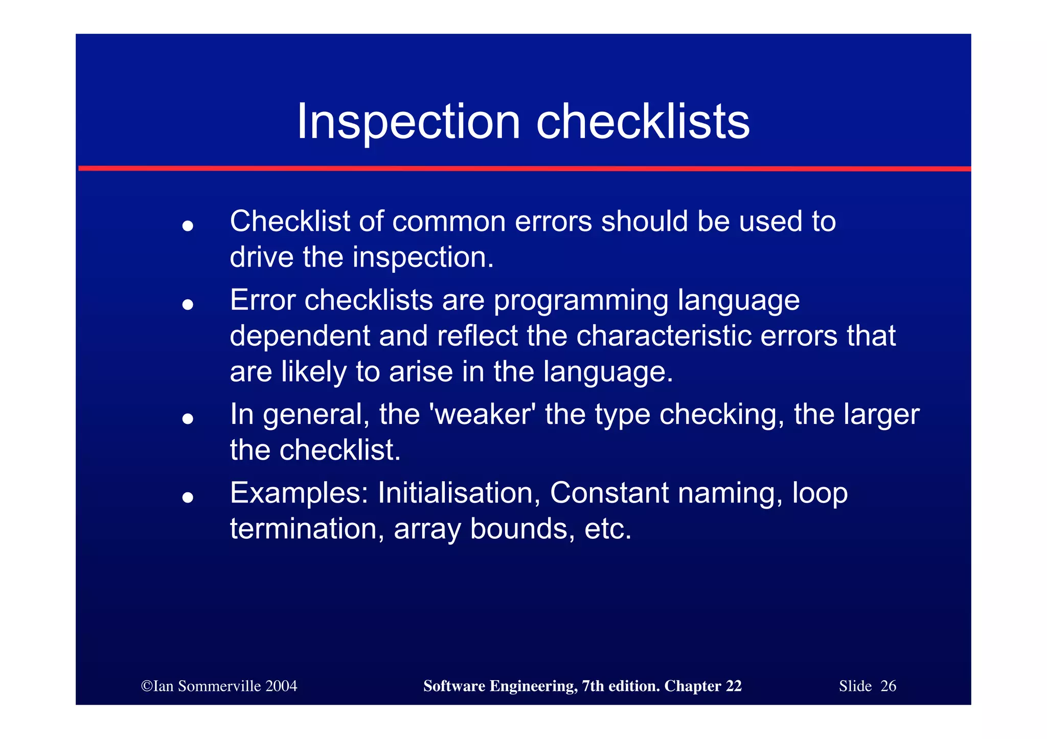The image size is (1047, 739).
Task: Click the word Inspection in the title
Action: coord(408,122)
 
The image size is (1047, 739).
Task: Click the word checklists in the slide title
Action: coord(643,122)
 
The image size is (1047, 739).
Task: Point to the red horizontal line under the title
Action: coord(523,168)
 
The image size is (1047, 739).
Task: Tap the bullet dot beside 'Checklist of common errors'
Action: coord(188,225)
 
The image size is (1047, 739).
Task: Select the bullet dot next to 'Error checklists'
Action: coord(188,304)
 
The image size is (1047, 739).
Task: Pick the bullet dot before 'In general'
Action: coord(188,419)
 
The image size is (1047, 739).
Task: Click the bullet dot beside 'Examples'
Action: coord(188,497)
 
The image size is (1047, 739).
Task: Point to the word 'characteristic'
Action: coord(664,336)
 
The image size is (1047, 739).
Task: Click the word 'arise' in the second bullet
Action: coord(420,371)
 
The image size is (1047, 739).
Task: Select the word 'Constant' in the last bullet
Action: coord(609,493)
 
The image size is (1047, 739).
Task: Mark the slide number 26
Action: coord(888,686)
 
